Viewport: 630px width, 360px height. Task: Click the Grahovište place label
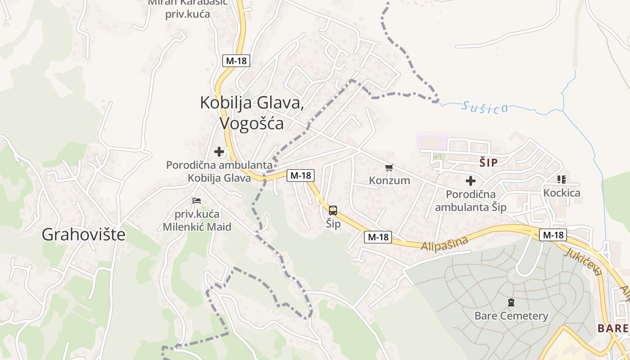83,234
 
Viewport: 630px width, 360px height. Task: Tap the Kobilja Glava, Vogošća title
251,112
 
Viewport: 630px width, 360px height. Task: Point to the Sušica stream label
485,108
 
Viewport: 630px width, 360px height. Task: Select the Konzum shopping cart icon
389,168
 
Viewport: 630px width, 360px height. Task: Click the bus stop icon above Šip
333,210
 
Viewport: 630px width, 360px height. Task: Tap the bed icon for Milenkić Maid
197,201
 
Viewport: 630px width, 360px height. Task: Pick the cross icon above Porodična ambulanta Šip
471,181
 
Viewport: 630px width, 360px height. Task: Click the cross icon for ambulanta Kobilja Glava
219,152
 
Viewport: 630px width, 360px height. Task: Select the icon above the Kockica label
561,180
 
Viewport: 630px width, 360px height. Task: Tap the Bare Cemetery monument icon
511,302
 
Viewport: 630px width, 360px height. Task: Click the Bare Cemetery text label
511,316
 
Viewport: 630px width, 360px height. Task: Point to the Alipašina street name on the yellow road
444,243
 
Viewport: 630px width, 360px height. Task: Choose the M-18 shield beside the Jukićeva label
553,234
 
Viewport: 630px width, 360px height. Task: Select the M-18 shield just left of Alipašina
378,237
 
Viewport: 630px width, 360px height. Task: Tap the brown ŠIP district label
488,163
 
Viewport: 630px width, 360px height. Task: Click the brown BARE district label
612,328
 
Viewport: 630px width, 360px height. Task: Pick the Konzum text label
390,180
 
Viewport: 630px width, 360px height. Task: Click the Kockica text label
562,193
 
